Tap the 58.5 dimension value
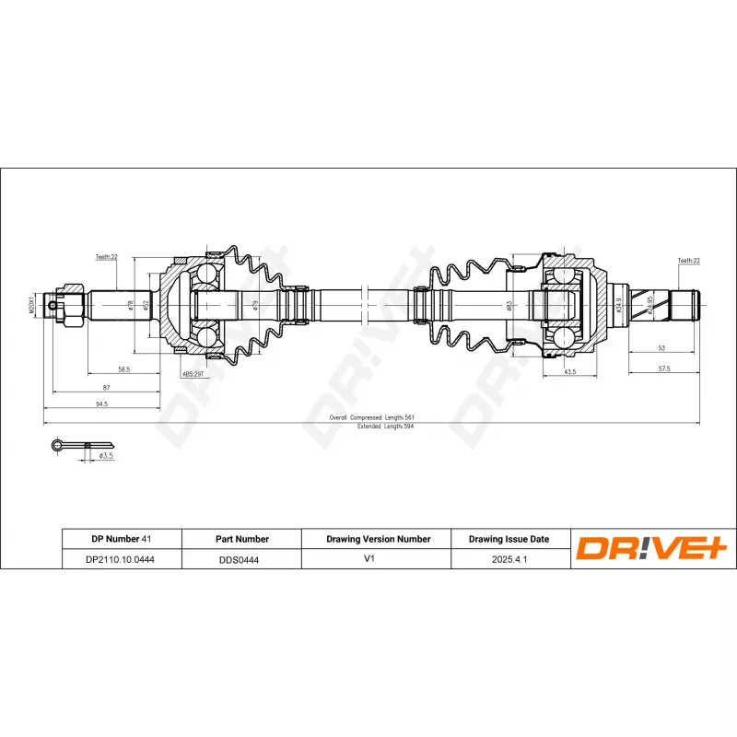[x=123, y=369]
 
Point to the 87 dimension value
[x=106, y=387]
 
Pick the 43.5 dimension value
[x=569, y=372]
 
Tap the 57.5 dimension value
[x=663, y=368]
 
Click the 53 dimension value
[x=661, y=349]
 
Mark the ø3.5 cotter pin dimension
[x=106, y=455]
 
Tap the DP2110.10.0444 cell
[x=120, y=558]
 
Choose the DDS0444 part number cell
[x=240, y=558]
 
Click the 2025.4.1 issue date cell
[x=509, y=558]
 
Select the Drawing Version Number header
[x=378, y=539]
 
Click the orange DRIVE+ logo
[x=652, y=549]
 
